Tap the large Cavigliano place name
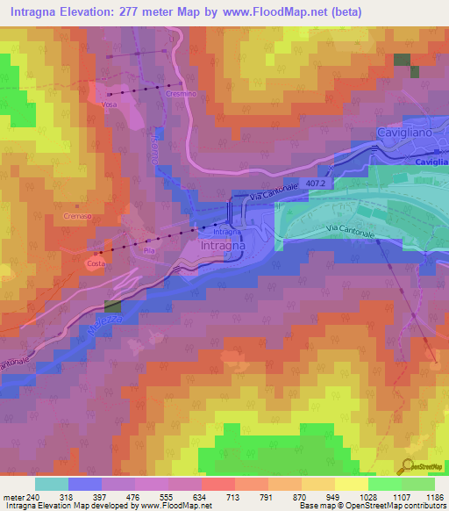tap(407, 132)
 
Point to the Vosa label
tap(109, 104)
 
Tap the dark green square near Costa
tap(113, 306)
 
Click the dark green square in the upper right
tap(402, 60)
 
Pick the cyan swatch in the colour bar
tap(51, 484)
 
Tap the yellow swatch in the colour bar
tap(351, 484)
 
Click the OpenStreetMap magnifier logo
tap(409, 466)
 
